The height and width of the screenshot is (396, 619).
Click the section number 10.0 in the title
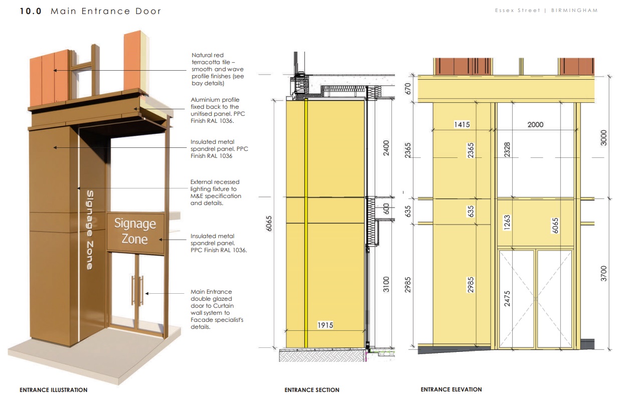point(32,11)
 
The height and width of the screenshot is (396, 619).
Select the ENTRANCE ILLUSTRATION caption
point(53,389)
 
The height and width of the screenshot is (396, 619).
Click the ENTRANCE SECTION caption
point(312,389)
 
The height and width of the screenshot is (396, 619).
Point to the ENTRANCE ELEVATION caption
point(451,389)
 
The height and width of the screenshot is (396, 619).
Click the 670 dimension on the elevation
point(408,89)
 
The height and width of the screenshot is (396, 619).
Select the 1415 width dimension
point(462,124)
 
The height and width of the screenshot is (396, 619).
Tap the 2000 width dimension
point(535,124)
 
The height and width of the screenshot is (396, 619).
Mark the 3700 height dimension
point(603,274)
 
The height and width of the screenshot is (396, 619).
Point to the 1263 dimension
point(507,222)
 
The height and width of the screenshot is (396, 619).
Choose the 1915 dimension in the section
point(325,325)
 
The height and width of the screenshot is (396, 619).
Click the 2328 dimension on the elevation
point(507,151)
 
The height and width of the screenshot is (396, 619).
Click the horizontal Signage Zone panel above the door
point(135,231)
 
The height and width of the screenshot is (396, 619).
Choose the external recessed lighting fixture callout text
point(215,192)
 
